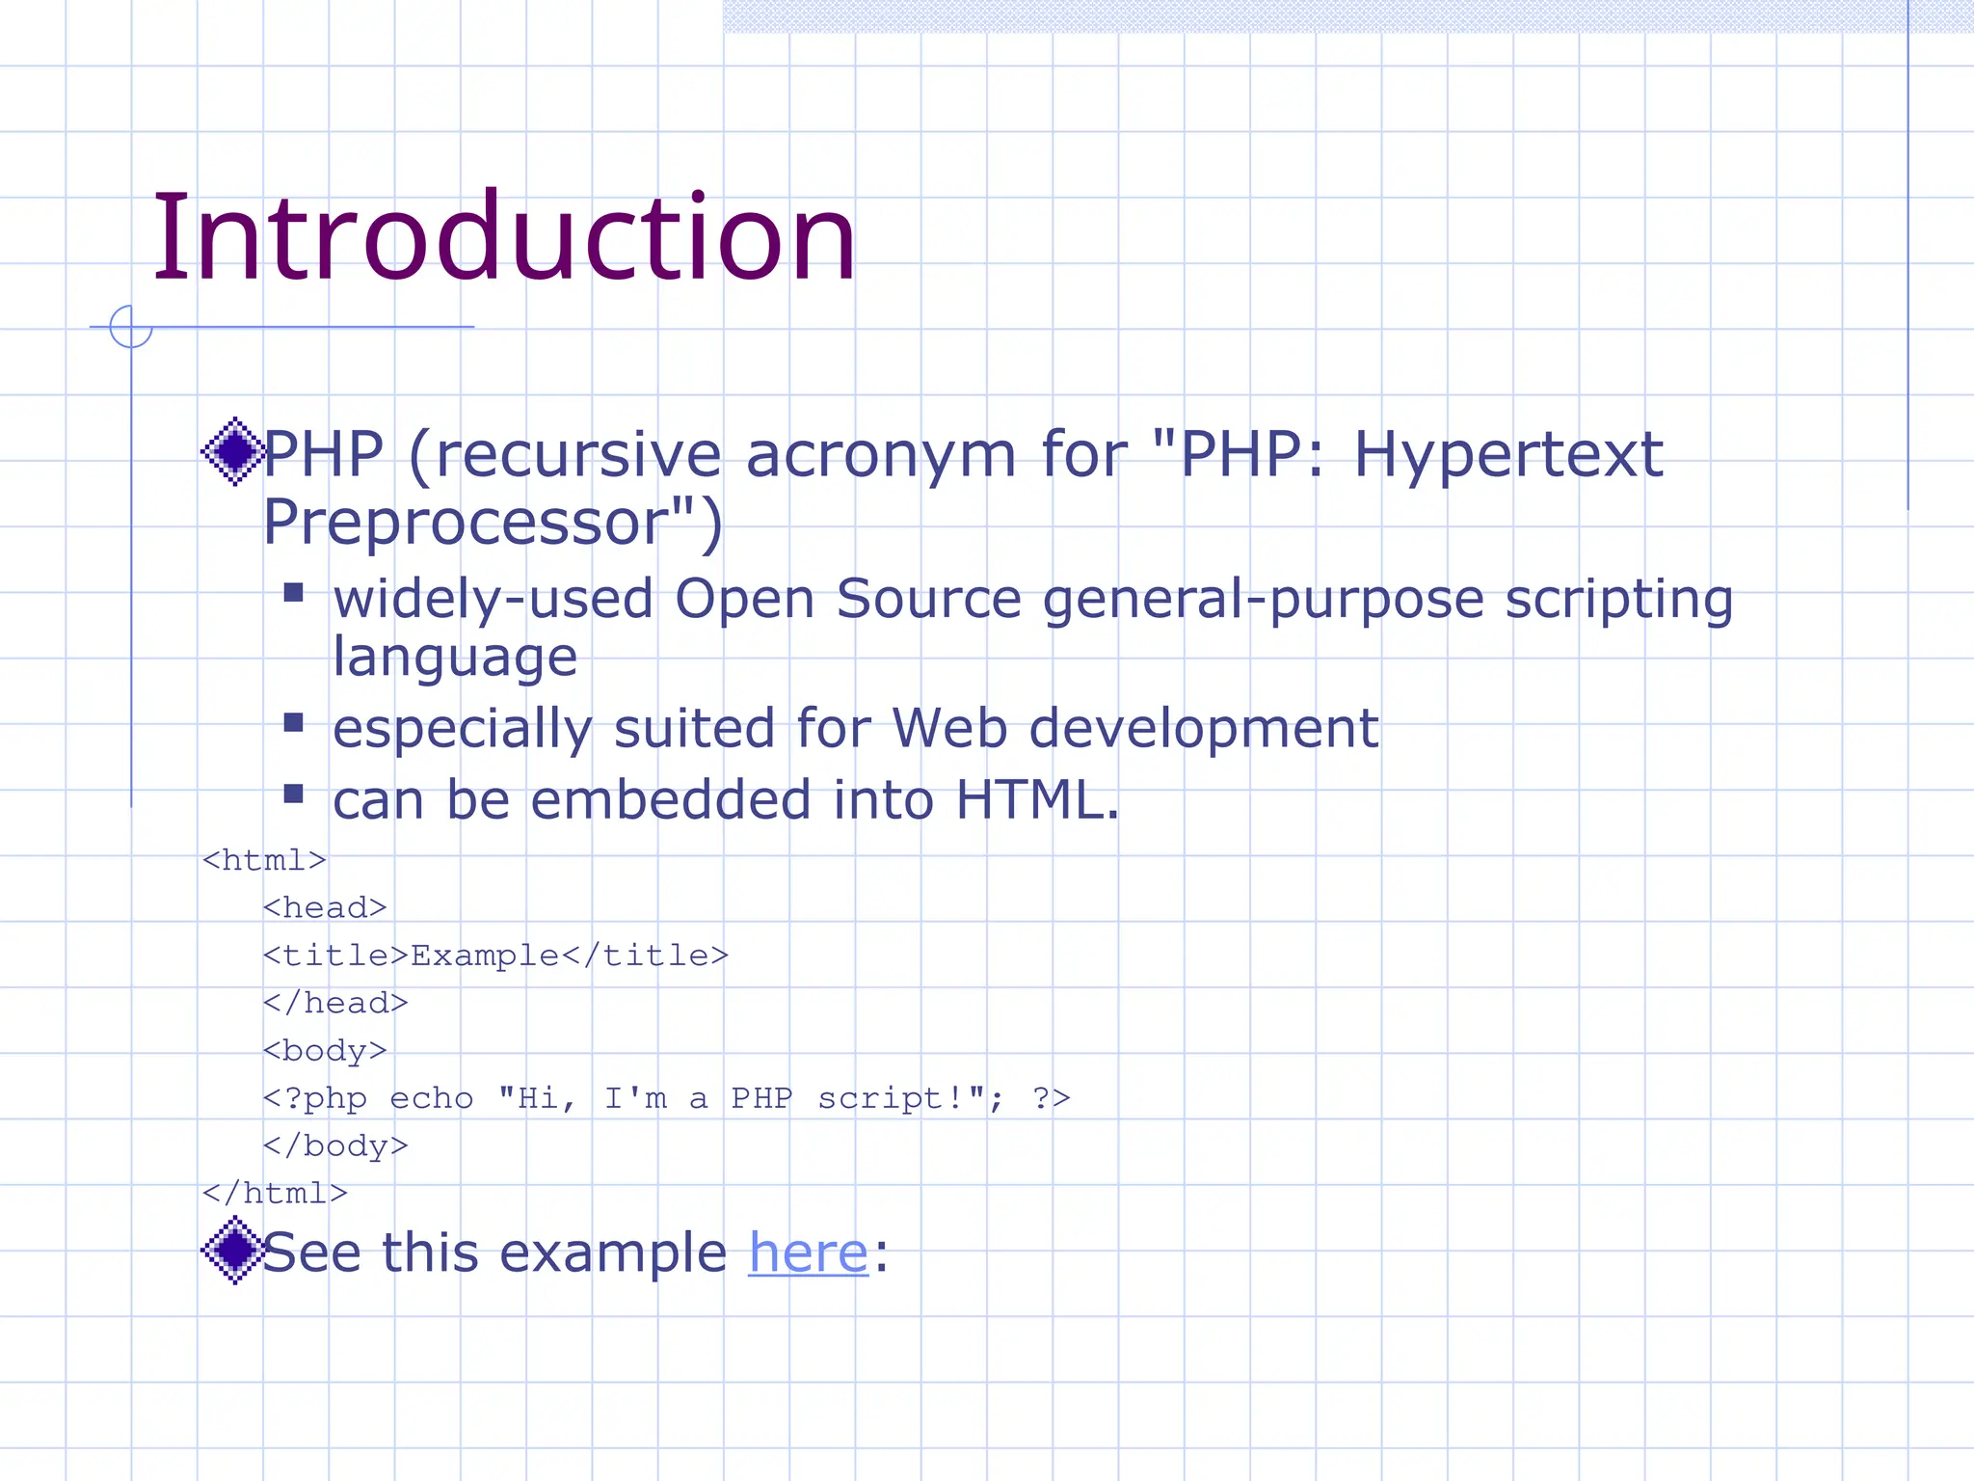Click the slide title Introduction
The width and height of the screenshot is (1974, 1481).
coord(503,238)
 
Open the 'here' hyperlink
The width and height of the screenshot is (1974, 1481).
coord(808,1252)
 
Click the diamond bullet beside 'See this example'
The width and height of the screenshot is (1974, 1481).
coord(233,1250)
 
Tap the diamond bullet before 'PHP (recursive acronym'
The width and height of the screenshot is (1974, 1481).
coord(233,451)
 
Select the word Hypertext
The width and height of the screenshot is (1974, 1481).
coord(1507,455)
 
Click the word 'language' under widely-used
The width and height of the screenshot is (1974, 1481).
coord(455,658)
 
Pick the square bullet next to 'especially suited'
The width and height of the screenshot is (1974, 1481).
coord(294,722)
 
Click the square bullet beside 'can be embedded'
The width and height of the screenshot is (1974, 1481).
coord(294,794)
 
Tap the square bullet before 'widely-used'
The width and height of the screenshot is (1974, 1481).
coord(294,592)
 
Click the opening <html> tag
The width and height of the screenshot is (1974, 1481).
coord(264,860)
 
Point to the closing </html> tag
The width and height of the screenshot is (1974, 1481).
coord(275,1194)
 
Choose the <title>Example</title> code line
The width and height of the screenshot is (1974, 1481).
coord(495,956)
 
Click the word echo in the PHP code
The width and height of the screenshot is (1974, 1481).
coord(431,1098)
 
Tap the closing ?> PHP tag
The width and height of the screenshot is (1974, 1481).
coord(1051,1098)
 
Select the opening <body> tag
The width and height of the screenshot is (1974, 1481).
coord(325,1051)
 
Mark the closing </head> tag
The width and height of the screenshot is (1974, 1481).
coord(335,1004)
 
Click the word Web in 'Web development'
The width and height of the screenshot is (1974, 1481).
coord(949,728)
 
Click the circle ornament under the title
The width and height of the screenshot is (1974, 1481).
coord(131,327)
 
